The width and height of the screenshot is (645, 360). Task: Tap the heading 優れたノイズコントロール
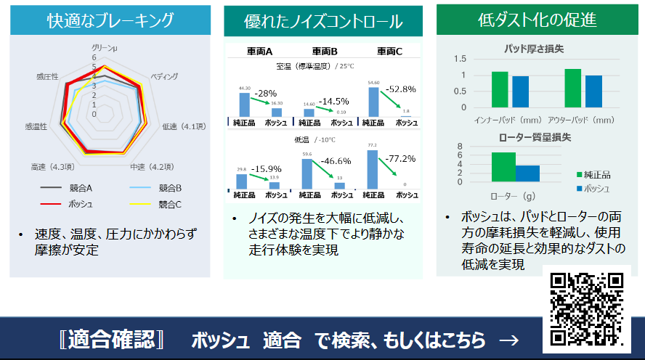[x=323, y=22]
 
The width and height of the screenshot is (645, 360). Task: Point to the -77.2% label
[x=400, y=158]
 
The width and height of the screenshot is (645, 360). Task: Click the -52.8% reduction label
[x=401, y=89]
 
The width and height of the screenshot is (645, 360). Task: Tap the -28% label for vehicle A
[x=265, y=94]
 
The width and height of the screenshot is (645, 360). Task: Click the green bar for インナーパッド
[x=500, y=89]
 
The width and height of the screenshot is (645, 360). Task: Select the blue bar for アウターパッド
[x=593, y=91]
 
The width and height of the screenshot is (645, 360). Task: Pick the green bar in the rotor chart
[x=503, y=167]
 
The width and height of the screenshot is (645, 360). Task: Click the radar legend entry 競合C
[x=169, y=204]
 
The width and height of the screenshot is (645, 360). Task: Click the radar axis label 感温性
[x=36, y=126]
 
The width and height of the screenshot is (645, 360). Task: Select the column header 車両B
[x=325, y=52]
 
